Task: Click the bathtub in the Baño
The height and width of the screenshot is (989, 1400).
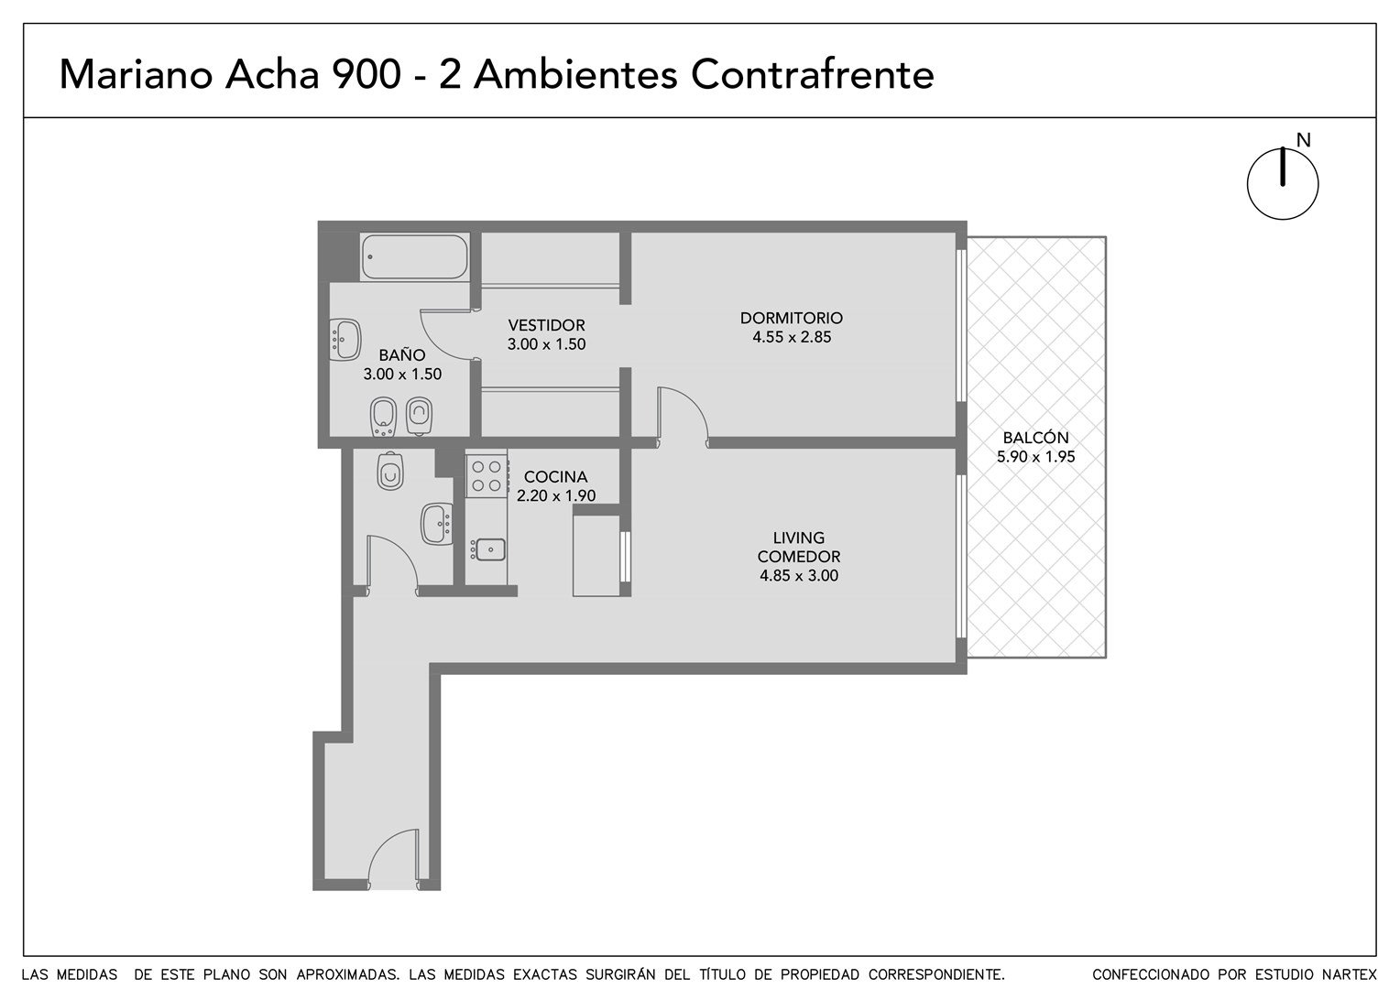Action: tap(414, 256)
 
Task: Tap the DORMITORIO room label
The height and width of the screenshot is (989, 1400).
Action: tap(792, 318)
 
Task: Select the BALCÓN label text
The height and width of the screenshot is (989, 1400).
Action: tap(1035, 438)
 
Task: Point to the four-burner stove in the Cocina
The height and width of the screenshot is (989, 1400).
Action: tap(487, 476)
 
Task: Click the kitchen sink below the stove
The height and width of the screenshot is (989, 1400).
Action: tap(488, 549)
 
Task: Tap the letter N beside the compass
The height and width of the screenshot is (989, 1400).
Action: tap(1303, 141)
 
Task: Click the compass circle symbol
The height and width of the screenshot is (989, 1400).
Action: tap(1283, 184)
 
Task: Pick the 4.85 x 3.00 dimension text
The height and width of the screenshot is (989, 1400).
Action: tap(799, 575)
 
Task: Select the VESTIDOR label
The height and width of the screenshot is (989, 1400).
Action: tap(546, 325)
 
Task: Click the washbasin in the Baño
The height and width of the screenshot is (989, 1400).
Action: tap(345, 339)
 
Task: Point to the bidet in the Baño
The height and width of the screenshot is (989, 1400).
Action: tap(383, 417)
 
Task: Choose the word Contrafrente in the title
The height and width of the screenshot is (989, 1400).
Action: tap(812, 75)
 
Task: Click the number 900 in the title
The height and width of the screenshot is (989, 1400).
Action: tap(366, 75)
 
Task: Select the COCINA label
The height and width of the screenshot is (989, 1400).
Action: tap(555, 477)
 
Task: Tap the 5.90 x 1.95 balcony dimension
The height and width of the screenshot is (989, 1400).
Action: tap(1035, 457)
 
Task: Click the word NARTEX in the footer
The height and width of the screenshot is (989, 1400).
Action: tap(1350, 974)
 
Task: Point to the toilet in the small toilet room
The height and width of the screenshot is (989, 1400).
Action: tap(390, 471)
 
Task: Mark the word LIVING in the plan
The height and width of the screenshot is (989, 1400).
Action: tap(799, 538)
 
